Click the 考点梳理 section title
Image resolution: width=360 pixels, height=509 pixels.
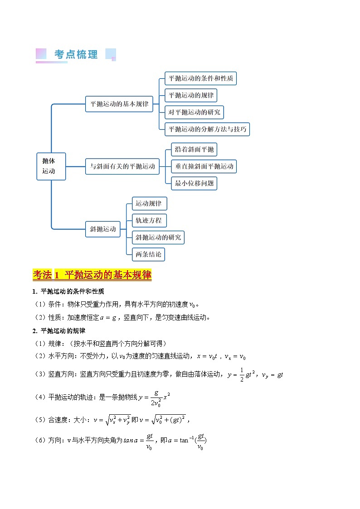coord(76,54)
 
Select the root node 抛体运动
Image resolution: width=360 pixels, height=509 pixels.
coord(51,166)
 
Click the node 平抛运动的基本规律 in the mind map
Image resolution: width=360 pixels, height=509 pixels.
coord(119,104)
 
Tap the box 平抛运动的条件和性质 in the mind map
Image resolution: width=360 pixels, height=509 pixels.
coord(200,78)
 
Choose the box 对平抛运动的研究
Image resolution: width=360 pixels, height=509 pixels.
coord(194,112)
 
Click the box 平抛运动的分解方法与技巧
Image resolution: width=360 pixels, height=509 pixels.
coord(207,129)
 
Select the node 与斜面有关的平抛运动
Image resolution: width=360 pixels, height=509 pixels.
coord(122,166)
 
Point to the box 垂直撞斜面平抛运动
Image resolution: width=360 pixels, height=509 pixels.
coord(204,166)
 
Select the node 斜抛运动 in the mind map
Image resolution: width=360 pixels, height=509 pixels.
coord(103,229)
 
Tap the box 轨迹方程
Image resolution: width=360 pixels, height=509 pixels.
coord(149,221)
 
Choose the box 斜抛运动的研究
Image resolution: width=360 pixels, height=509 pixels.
coord(158,238)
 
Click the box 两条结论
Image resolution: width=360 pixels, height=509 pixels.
coord(148,254)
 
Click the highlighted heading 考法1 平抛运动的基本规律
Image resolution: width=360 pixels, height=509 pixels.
coord(92,275)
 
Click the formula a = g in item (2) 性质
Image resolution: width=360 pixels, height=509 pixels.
coord(113,317)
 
